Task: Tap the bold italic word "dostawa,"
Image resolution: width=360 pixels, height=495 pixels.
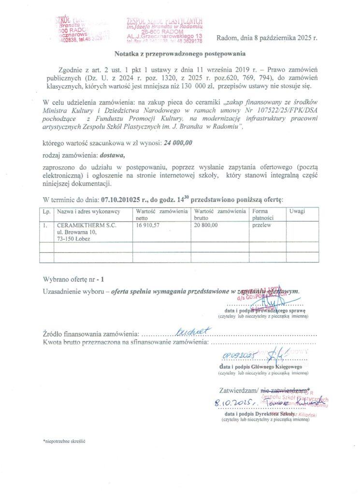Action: click(x=112, y=155)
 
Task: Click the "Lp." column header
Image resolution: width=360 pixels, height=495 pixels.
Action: click(x=47, y=212)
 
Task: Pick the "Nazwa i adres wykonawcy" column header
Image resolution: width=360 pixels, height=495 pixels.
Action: click(x=88, y=212)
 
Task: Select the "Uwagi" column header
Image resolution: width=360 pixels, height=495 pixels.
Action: click(x=297, y=212)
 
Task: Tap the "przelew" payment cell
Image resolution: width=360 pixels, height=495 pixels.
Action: click(x=260, y=225)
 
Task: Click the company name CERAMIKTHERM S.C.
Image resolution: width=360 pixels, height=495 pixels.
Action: click(x=86, y=225)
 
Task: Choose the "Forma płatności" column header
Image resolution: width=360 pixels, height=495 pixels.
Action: click(x=259, y=215)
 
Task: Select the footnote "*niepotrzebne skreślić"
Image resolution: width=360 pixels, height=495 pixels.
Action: click(x=64, y=441)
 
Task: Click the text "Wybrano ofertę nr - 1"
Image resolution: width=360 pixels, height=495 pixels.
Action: click(x=73, y=279)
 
